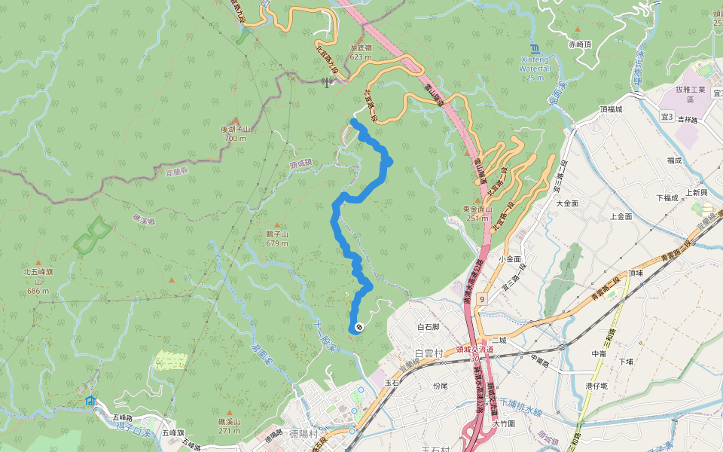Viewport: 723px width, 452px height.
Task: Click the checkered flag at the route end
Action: [360, 327]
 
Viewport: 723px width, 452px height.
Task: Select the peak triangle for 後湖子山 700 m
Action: [235, 121]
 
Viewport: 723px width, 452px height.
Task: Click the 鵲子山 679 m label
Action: [277, 239]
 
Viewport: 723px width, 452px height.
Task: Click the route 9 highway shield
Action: [480, 300]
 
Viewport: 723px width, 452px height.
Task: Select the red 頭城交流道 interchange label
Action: [474, 350]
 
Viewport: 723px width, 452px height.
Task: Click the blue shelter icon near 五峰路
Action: [91, 401]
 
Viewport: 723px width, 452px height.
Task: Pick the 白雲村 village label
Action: [431, 353]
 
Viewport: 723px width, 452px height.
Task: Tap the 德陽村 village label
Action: [304, 435]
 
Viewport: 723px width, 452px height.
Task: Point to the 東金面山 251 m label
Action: [477, 213]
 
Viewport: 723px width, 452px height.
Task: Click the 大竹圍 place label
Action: [504, 423]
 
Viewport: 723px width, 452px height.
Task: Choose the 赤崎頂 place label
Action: [581, 44]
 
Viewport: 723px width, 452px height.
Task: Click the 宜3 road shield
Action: [667, 117]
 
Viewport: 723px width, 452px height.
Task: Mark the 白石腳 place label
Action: [428, 327]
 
